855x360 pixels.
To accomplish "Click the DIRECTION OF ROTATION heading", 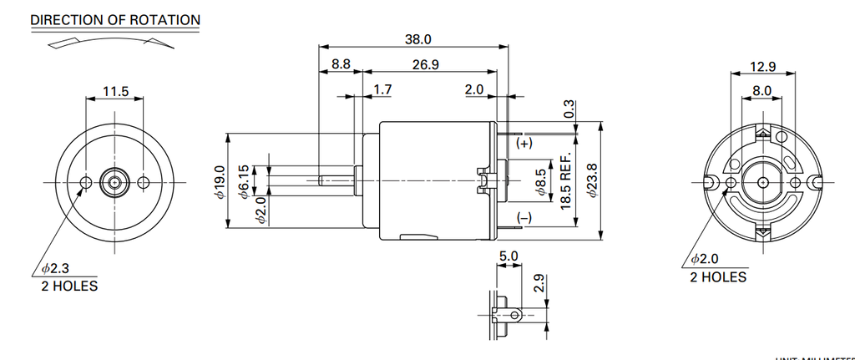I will pos(115,19).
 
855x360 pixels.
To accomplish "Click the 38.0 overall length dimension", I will pos(417,39).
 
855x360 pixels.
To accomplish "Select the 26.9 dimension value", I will pos(426,64).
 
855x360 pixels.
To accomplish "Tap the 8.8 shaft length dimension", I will pos(341,64).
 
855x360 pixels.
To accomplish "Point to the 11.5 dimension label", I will pos(115,91).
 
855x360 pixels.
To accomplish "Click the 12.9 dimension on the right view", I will pos(762,66).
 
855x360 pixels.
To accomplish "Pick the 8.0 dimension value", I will pos(761,89).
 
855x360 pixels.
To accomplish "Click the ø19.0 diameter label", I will pos(220,181).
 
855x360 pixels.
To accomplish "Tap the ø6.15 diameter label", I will pos(243,181).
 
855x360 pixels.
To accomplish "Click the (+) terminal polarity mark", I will pos(524,144).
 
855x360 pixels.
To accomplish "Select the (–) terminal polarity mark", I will pos(524,217).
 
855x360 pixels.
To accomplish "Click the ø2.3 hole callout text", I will pos(55,269).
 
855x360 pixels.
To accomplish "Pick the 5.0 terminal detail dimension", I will pos(508,256).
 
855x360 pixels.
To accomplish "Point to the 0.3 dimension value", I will pos(569,109).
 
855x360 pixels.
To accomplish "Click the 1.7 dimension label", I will pos(383,89).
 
